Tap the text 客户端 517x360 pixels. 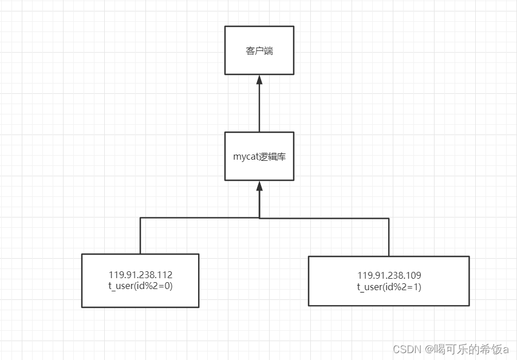click(259, 51)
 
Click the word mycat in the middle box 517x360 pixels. click(246, 157)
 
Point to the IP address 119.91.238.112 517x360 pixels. click(140, 275)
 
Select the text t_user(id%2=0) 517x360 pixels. click(140, 286)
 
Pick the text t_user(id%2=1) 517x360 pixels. click(389, 287)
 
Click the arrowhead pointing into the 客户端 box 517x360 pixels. click(259, 80)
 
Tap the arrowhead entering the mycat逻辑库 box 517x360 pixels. click(259, 185)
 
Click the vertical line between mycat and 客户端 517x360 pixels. click(259, 109)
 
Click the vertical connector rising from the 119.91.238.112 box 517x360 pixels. click(140, 236)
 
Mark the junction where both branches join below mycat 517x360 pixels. click(259, 218)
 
